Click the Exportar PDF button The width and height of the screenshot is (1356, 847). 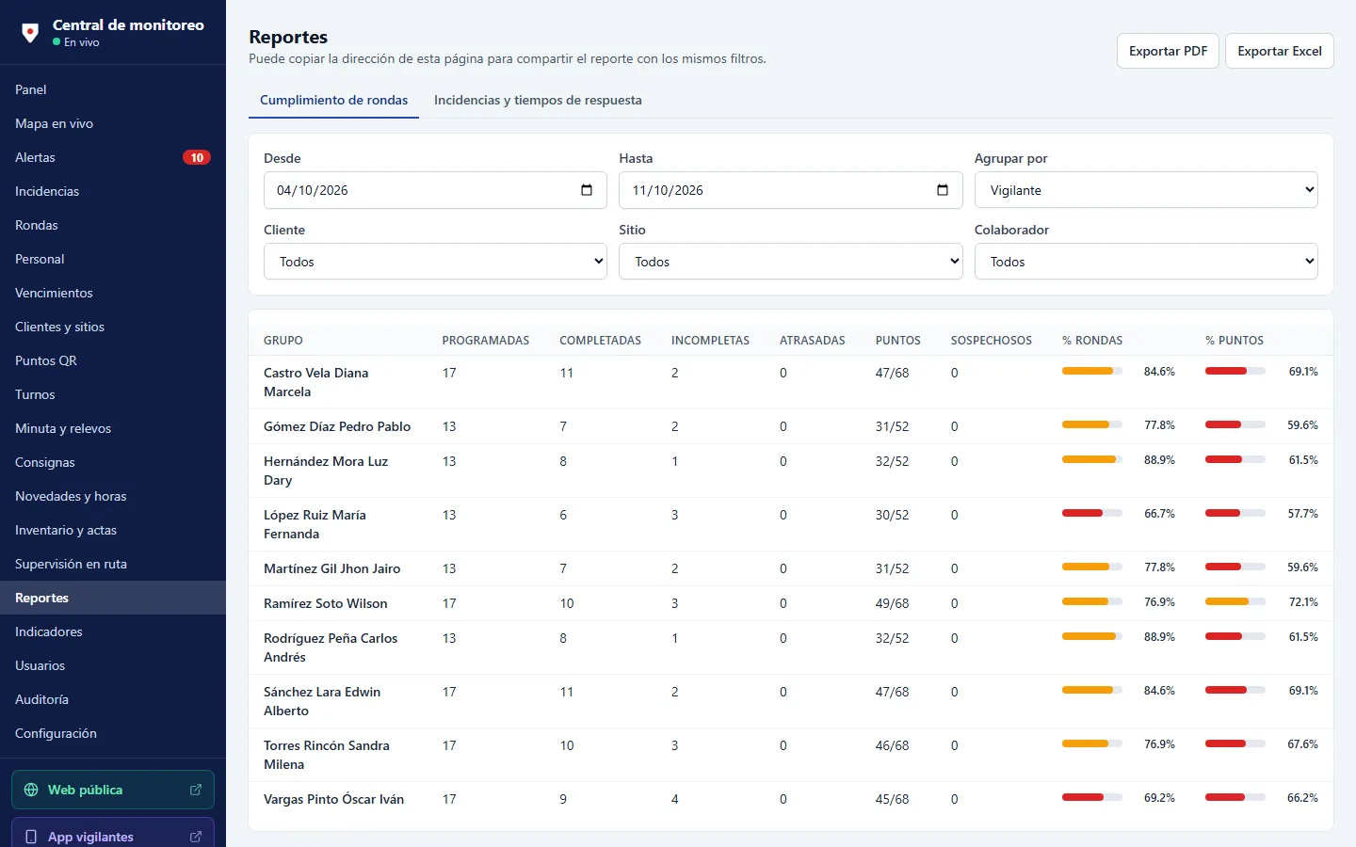1167,51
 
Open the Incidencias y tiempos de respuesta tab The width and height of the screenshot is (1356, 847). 538,100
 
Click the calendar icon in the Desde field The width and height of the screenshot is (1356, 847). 586,190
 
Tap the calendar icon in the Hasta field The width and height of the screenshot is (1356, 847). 942,190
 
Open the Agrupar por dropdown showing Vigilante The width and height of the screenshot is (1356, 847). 1146,190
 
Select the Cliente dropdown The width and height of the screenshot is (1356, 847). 435,262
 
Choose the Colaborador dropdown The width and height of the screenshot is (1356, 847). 1146,262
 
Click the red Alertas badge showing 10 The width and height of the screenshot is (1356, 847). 197,157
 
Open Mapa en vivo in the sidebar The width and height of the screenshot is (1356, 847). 54,123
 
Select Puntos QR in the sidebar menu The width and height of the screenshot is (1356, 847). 46,360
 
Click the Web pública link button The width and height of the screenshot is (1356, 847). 113,790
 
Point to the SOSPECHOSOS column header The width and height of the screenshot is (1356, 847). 991,340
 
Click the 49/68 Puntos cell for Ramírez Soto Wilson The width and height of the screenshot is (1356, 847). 892,603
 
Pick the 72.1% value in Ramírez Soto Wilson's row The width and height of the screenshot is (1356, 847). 1302,602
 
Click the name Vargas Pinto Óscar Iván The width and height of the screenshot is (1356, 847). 333,799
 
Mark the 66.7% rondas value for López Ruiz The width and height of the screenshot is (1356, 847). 1159,514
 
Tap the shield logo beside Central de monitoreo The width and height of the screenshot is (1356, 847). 30,32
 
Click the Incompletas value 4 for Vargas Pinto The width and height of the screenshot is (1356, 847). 674,799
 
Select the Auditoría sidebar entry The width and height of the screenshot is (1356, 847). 41,699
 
